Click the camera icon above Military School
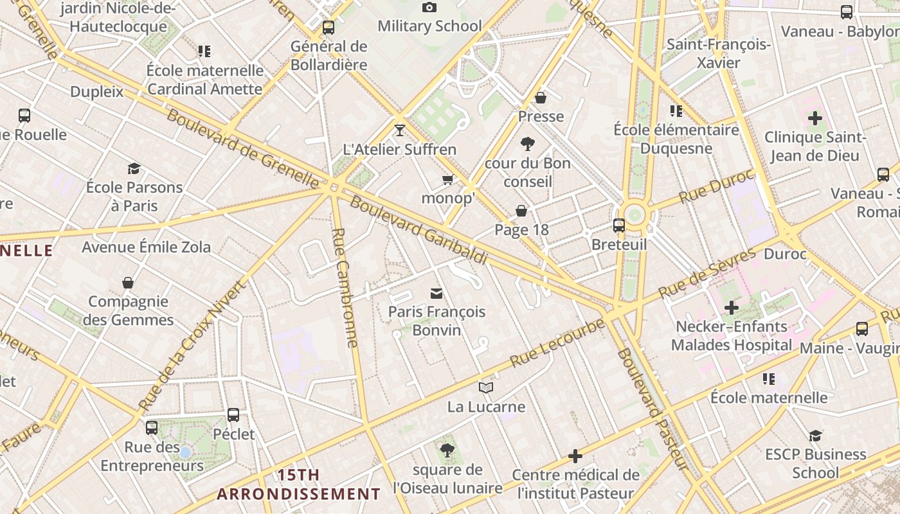click(429, 8)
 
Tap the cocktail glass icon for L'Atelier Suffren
click(400, 130)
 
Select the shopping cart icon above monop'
click(447, 179)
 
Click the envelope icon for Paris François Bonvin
click(437, 294)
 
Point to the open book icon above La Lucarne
click(486, 387)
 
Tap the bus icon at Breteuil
click(619, 226)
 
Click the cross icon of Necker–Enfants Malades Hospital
click(731, 308)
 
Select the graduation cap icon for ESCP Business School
click(815, 436)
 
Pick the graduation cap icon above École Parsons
click(134, 168)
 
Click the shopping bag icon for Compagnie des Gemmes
click(128, 283)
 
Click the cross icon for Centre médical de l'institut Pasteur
click(575, 456)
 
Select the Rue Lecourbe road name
click(557, 342)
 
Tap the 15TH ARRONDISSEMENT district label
click(298, 484)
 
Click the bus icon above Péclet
click(233, 415)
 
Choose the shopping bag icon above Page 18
click(521, 211)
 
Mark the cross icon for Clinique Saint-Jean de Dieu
click(815, 118)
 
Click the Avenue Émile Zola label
click(146, 247)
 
